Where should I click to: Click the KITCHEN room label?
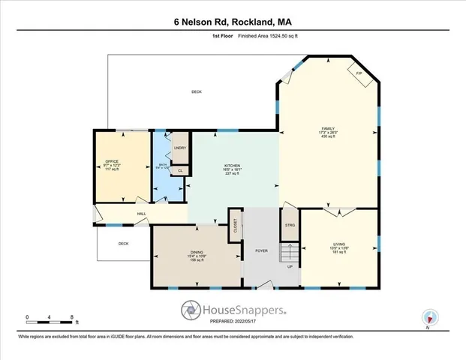tap(233, 166)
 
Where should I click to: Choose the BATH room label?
tap(162, 165)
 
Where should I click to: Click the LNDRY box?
tap(180, 148)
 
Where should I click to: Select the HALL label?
tap(141, 214)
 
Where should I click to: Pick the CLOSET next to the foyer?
tap(236, 228)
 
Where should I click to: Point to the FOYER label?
tap(261, 251)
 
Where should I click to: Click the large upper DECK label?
tap(196, 91)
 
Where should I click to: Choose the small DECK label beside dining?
tap(123, 244)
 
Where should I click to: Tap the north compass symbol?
tap(430, 318)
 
